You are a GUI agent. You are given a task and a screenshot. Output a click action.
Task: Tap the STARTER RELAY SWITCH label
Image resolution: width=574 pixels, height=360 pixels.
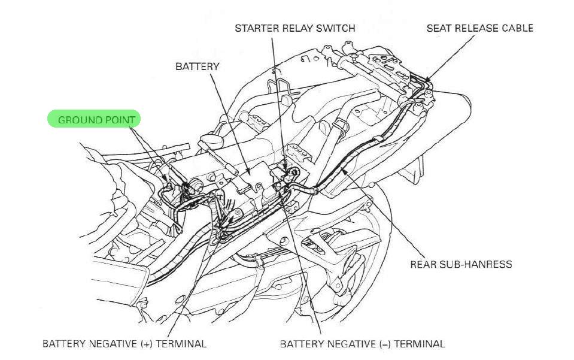294,28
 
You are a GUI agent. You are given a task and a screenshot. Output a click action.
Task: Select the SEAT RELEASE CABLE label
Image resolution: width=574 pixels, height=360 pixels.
479,28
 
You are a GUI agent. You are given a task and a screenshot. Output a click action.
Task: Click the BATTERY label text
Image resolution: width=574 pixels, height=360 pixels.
197,66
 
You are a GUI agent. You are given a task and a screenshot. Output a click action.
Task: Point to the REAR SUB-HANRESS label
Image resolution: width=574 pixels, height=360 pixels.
461,264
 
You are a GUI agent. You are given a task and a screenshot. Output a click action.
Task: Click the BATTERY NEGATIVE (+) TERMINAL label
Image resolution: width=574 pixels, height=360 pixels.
124,344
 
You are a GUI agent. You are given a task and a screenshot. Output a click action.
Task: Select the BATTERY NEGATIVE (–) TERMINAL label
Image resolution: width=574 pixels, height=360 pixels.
362,344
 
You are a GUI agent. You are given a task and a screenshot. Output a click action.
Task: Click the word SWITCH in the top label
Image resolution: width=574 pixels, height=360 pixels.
335,28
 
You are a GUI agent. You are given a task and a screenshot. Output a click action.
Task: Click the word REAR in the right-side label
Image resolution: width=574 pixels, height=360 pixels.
423,264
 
